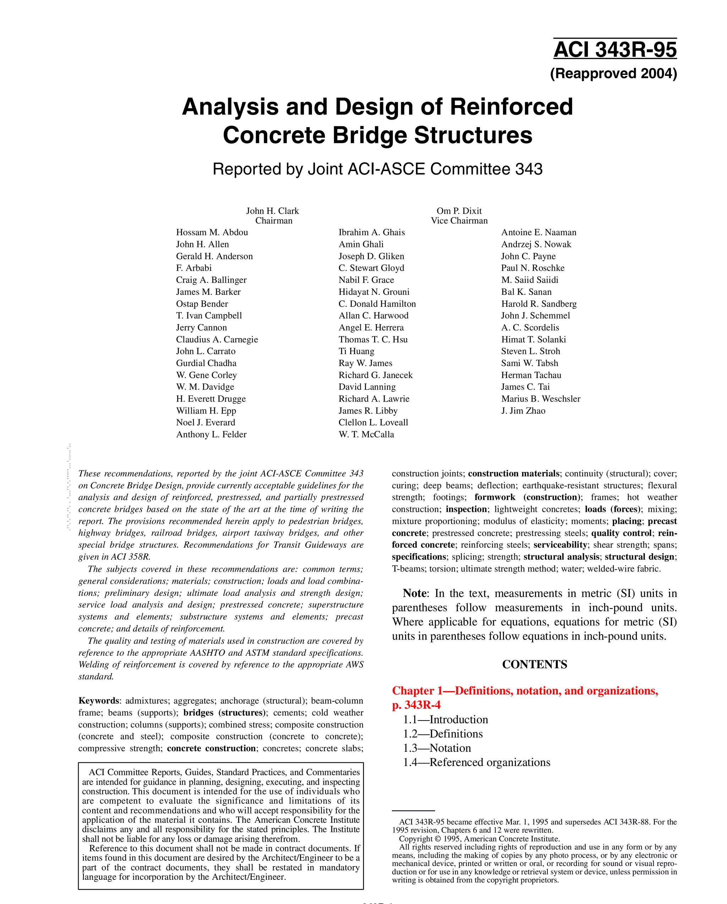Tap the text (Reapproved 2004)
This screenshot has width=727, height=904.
coord(613,74)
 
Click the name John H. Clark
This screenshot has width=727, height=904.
coord(273,211)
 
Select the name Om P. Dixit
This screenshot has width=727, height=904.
coord(459,211)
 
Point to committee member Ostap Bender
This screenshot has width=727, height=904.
coord(202,304)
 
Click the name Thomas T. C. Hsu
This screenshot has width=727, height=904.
coord(373,340)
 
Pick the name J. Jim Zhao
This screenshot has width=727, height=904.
coord(523,411)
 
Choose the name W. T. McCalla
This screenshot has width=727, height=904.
coord(366,435)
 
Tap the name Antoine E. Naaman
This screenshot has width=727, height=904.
coord(539,232)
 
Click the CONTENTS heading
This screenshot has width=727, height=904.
coord(534,664)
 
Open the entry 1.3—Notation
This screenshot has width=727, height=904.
coord(437,748)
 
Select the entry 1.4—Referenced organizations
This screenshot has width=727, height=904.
coord(476,762)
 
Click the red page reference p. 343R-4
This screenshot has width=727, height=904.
coord(416,705)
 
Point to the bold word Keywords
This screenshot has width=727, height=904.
coord(99,701)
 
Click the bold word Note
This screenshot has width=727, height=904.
coord(414,593)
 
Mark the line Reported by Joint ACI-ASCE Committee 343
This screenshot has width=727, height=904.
coord(377,169)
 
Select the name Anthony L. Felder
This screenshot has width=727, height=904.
coord(211,435)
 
